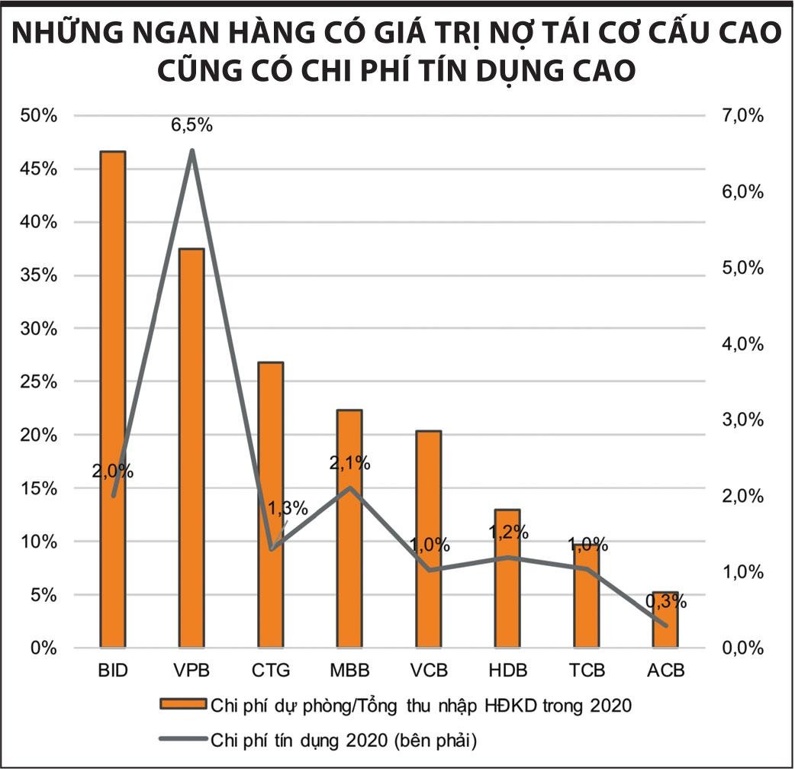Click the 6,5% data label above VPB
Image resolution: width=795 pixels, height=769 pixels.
[x=192, y=125]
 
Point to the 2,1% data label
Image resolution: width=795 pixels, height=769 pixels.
[x=349, y=462]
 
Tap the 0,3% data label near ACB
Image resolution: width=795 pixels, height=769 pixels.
[x=666, y=601]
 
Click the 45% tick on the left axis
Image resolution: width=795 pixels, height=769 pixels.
[x=38, y=169]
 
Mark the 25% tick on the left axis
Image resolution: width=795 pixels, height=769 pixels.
[x=38, y=381]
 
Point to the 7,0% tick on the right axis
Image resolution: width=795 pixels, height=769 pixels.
[x=742, y=115]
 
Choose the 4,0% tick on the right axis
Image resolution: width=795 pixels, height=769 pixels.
[x=742, y=343]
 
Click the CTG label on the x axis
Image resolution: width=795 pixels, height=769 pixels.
[x=271, y=671]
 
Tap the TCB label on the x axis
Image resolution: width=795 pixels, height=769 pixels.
[x=587, y=671]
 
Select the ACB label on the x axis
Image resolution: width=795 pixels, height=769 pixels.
[x=666, y=671]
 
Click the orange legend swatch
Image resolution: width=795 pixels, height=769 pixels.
[x=182, y=704]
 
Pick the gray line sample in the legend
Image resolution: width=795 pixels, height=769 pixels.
[x=182, y=738]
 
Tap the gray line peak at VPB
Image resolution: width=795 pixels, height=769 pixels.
[x=192, y=150]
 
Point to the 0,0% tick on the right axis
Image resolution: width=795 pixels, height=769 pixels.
[x=742, y=648]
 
